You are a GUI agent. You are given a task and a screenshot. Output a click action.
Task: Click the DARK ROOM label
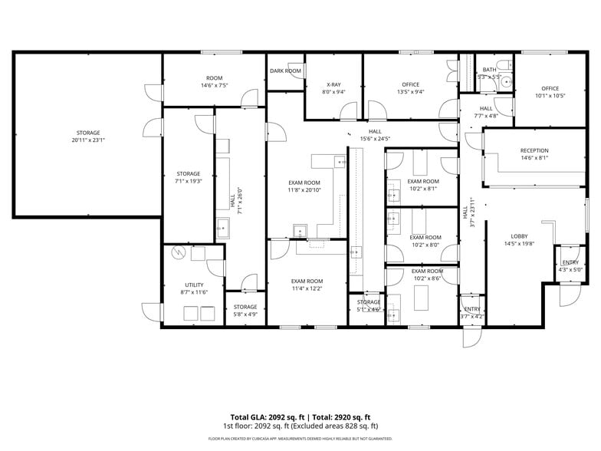(x=285, y=71)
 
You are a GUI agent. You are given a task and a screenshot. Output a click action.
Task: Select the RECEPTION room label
(x=534, y=150)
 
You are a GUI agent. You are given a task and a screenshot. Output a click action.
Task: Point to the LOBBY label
(x=520, y=236)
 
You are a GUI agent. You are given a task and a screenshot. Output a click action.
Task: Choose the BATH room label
(x=489, y=69)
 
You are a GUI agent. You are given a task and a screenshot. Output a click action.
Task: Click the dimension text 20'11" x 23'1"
(x=87, y=140)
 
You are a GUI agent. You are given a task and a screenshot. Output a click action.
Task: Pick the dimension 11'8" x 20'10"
(x=304, y=189)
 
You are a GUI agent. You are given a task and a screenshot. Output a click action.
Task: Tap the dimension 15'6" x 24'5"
(x=375, y=139)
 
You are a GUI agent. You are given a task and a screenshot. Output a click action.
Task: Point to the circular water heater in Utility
(x=178, y=252)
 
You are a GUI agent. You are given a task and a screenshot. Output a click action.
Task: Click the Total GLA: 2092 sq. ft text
(x=267, y=416)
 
